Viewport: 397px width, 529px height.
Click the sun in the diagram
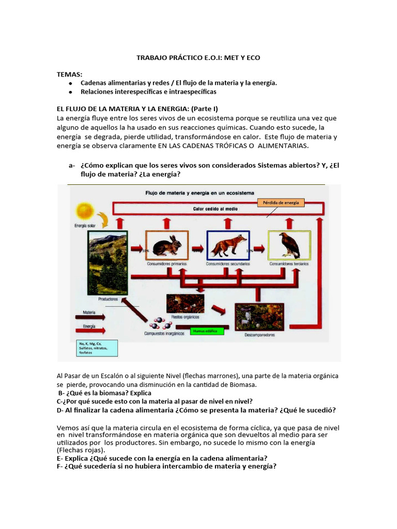[x=84, y=211]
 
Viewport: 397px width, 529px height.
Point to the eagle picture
[x=289, y=244]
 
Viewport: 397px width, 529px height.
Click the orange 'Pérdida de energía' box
[x=281, y=203]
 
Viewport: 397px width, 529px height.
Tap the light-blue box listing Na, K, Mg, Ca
[x=97, y=347]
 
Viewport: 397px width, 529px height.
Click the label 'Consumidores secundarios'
[x=228, y=263]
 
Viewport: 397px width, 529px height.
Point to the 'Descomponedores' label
[x=259, y=335]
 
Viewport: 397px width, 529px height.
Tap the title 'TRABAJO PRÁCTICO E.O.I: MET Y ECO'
[x=198, y=58]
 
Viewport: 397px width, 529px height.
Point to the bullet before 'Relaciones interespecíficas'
[x=70, y=91]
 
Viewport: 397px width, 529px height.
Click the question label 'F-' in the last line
[x=60, y=466]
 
